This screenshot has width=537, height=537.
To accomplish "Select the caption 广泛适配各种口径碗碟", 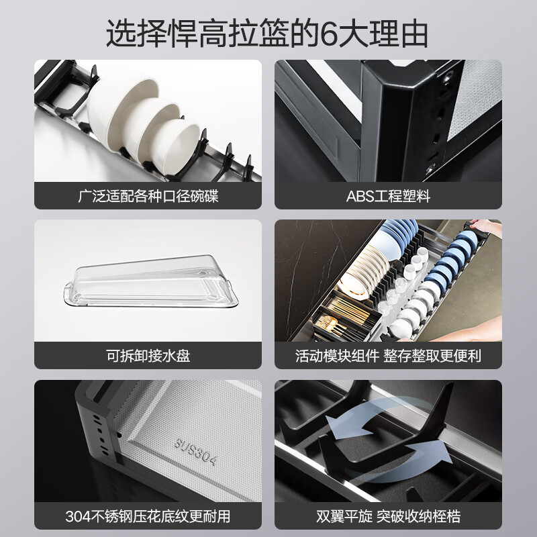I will tap(148, 197).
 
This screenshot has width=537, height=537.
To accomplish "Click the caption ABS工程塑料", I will tap(388, 197).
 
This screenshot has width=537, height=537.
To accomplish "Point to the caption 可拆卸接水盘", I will tap(148, 356).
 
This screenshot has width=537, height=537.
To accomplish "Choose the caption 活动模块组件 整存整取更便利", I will tap(388, 356).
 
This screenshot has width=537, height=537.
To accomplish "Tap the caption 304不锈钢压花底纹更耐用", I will tap(148, 516).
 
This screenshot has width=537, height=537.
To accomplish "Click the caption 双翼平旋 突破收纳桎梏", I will tap(388, 516).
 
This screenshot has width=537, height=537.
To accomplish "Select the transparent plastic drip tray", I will tap(150, 285).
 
